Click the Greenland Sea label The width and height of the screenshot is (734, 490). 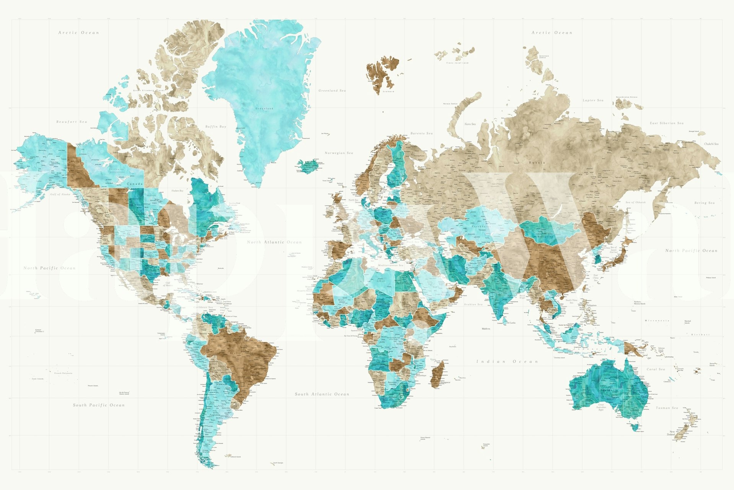click(332, 91)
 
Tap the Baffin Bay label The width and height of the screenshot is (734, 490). click(216, 126)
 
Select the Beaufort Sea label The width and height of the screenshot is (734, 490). click(72, 122)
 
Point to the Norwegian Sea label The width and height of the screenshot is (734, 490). click(339, 153)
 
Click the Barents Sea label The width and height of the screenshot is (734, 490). click(422, 133)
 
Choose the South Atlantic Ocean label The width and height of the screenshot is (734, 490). click(322, 394)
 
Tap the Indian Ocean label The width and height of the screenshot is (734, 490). click(507, 361)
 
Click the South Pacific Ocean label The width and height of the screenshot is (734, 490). click(99, 405)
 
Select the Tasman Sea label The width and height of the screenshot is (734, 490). click(667, 408)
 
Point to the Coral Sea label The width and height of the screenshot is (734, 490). click(656, 369)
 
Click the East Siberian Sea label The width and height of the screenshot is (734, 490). click(667, 123)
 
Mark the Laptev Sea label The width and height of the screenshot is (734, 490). click(593, 100)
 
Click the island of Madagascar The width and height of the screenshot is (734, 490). click(438, 373)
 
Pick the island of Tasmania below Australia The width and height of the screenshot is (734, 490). click(635, 426)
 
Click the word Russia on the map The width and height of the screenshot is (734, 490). click(537, 163)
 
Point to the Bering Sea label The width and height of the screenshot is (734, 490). click(704, 203)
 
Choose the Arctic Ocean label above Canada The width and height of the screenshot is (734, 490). click(78, 33)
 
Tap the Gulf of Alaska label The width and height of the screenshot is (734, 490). click(60, 194)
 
